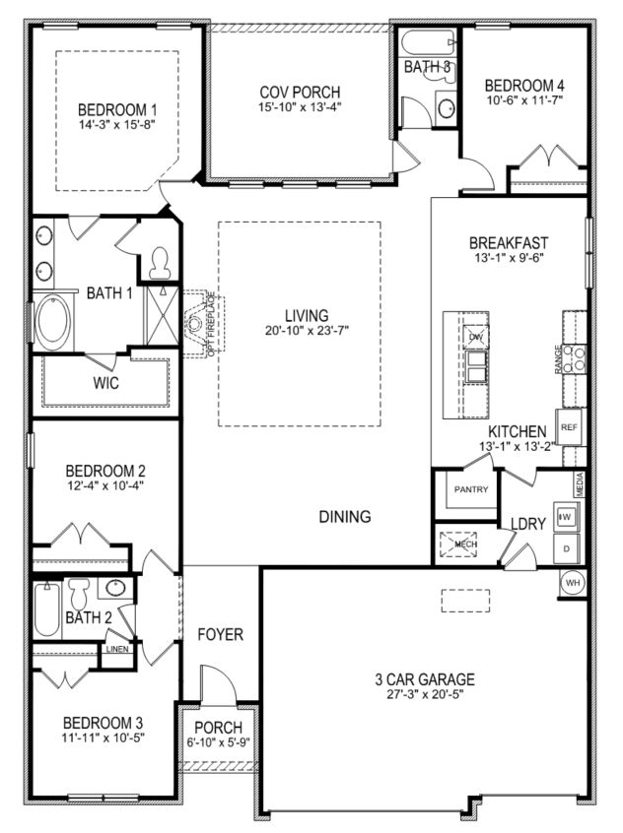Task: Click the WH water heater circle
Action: point(571,582)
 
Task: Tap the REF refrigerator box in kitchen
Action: point(568,427)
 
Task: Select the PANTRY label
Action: point(471,489)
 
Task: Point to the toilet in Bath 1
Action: point(159,261)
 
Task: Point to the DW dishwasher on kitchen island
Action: point(476,338)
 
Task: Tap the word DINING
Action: point(344,516)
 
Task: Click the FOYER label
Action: point(219,635)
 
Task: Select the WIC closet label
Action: point(105,383)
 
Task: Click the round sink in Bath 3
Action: point(446,107)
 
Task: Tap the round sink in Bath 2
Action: point(116,588)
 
